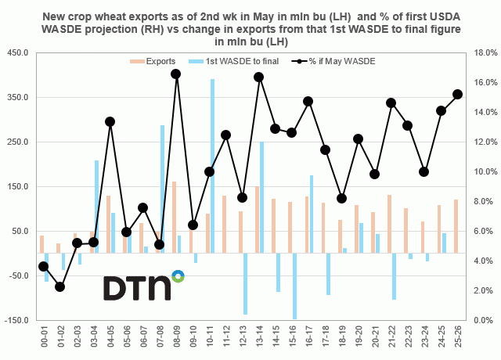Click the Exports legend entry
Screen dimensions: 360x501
click(x=152, y=60)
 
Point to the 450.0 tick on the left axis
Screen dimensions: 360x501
click(x=17, y=53)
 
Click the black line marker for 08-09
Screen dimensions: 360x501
click(x=176, y=74)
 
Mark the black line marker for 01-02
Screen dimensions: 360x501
click(x=59, y=286)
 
